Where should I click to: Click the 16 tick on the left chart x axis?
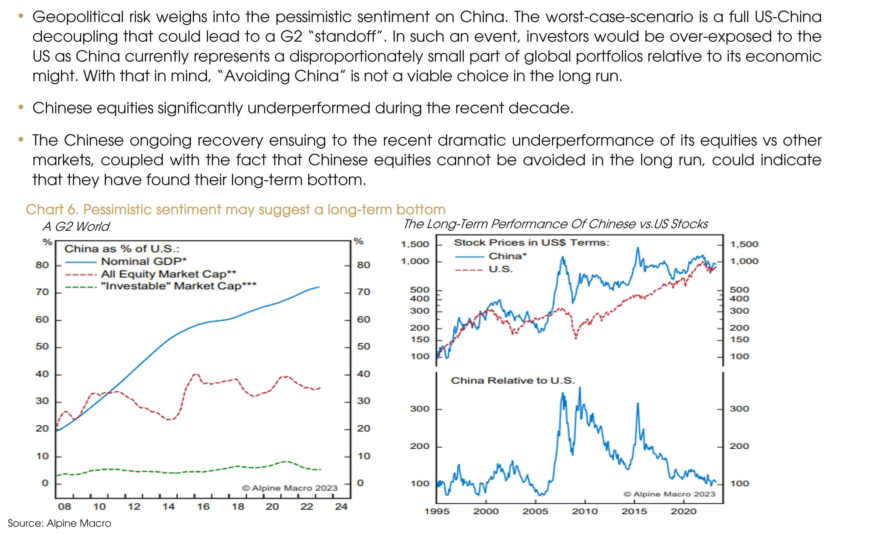point(203,507)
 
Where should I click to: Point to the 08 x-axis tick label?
point(65,507)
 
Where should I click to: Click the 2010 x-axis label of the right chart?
point(585,511)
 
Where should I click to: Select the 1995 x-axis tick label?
point(437,511)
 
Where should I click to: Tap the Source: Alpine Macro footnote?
point(59,523)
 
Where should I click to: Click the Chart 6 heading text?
point(236,209)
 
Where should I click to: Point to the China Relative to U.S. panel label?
point(513,381)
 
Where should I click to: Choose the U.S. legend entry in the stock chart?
point(501,269)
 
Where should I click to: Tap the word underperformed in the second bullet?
point(309,108)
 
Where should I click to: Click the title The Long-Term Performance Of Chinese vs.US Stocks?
point(556,224)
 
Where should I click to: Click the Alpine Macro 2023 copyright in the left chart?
point(290,488)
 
